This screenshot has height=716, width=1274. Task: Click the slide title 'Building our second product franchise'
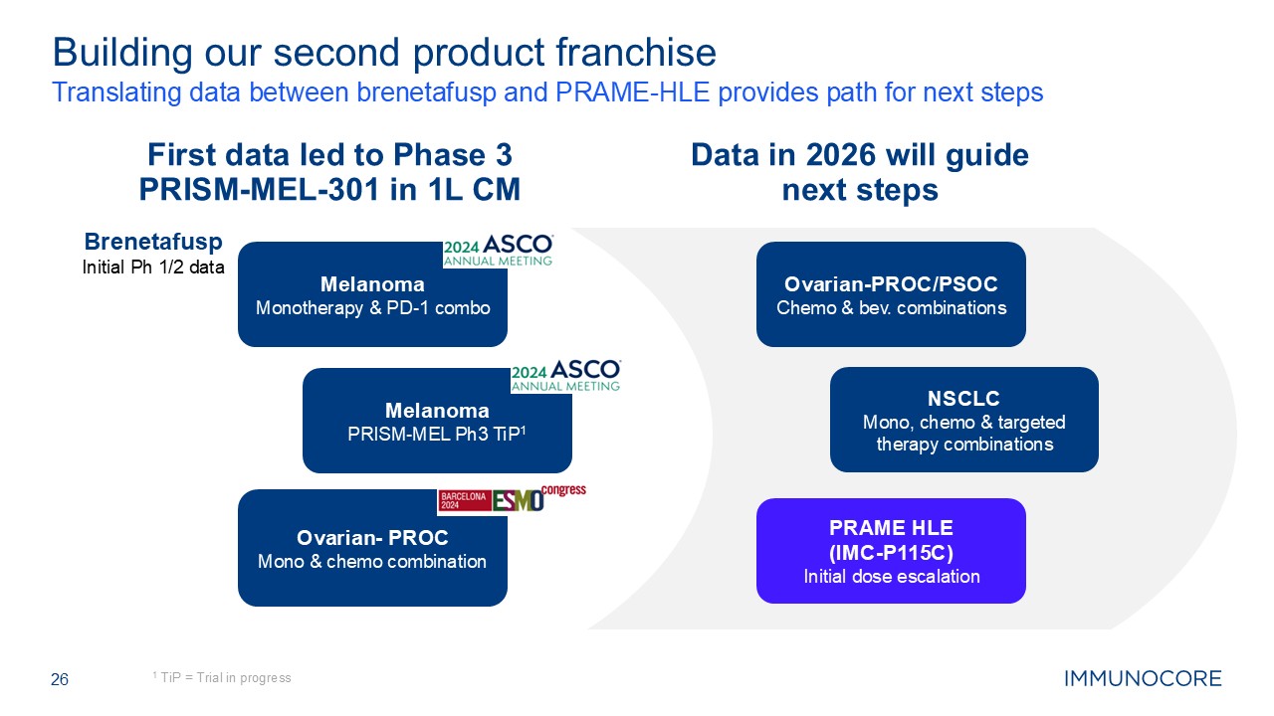[383, 52]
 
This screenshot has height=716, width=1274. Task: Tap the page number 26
[60, 680]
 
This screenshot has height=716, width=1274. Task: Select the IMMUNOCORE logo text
[1143, 680]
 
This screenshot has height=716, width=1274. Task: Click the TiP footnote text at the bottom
[222, 678]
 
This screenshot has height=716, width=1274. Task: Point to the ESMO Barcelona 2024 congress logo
[512, 499]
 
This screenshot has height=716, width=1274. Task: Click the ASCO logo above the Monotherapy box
[498, 250]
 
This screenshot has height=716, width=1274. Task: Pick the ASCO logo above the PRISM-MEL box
[565, 376]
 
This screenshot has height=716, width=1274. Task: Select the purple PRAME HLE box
[891, 551]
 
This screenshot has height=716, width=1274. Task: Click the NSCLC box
[963, 419]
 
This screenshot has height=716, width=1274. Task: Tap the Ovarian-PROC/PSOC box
[891, 294]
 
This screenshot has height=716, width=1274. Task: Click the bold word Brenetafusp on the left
[153, 243]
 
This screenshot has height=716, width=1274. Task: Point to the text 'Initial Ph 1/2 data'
[153, 267]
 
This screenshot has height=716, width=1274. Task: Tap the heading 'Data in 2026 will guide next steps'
[860, 172]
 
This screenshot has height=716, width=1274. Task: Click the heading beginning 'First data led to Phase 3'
[329, 172]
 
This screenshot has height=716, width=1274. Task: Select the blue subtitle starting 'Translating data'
[547, 92]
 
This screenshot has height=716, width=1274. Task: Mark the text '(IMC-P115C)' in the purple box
[891, 553]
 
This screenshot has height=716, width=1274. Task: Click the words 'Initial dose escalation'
[891, 577]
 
